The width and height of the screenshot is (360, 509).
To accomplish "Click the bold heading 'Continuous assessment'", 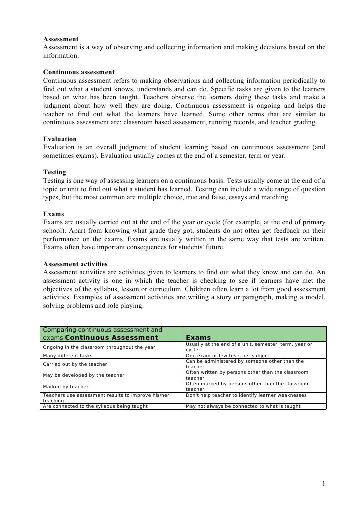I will pyautogui.click(x=79, y=72).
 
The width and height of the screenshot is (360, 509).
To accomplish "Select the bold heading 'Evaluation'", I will pyautogui.click(x=60, y=139).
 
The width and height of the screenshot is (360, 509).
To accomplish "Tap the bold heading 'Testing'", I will pyautogui.click(x=54, y=172).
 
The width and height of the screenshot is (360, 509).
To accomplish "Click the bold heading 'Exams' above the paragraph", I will pyautogui.click(x=53, y=214).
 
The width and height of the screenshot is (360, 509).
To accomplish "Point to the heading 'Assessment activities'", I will pyautogui.click(x=75, y=264).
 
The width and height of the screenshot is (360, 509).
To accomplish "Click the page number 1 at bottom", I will pyautogui.click(x=324, y=483).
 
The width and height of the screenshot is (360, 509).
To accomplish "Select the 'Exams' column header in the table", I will pyautogui.click(x=198, y=338).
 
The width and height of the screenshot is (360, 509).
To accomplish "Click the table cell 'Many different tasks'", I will pyautogui.click(x=68, y=356).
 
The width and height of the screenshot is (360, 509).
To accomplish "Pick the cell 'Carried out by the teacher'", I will pyautogui.click(x=75, y=364).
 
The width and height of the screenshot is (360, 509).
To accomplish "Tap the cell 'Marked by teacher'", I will pyautogui.click(x=66, y=387).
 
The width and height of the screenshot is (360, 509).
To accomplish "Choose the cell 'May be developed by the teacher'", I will pyautogui.click(x=84, y=375).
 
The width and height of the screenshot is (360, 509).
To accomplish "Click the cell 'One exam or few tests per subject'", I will pyautogui.click(x=227, y=356).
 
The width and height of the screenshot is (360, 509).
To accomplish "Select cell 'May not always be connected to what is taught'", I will pyautogui.click(x=243, y=406).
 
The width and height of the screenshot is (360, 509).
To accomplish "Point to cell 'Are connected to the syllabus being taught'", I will pyautogui.click(x=95, y=406).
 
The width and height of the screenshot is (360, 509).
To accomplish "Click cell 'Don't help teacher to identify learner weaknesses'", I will pyautogui.click(x=246, y=395).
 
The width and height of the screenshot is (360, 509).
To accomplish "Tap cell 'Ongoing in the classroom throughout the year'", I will pyautogui.click(x=99, y=347).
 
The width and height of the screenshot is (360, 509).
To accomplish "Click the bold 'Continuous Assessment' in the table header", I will pyautogui.click(x=115, y=338).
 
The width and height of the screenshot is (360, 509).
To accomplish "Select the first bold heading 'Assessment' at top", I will pyautogui.click(x=60, y=39).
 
